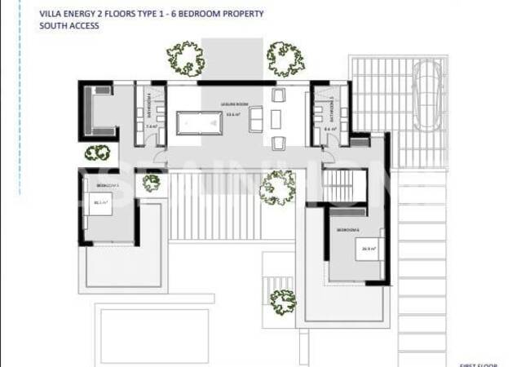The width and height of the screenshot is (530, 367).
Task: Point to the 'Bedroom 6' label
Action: tap(349, 231)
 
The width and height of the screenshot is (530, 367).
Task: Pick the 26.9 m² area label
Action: tap(367, 249)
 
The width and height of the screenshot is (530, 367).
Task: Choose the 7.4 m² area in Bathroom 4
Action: tap(151, 127)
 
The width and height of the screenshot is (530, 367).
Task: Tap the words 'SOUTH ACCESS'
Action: tap(68, 26)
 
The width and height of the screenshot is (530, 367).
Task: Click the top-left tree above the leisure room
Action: tap(186, 57)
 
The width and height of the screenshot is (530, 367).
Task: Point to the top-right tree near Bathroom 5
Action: tap(285, 58)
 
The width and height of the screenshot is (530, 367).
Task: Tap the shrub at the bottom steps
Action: tap(283, 303)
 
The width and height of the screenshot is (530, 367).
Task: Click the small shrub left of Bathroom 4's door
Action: tap(98, 153)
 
